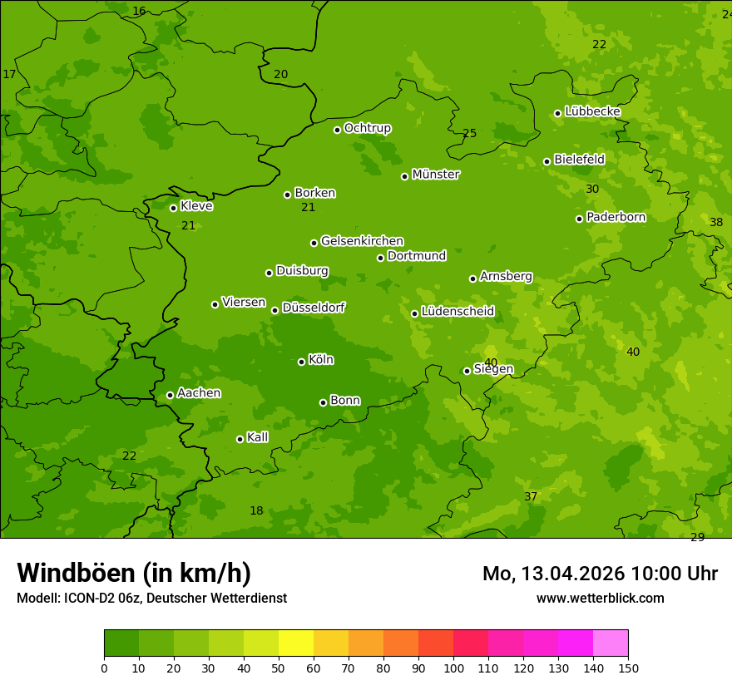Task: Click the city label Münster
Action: pyautogui.click(x=436, y=175)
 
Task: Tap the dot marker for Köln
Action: pyautogui.click(x=301, y=362)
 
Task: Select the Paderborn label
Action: pyautogui.click(x=616, y=217)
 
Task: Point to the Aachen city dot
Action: pyautogui.click(x=170, y=395)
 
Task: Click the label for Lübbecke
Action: pyautogui.click(x=592, y=111)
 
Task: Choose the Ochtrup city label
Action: pyautogui.click(x=367, y=128)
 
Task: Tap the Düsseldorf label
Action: pyautogui.click(x=314, y=308)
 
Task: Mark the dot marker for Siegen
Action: pyautogui.click(x=467, y=371)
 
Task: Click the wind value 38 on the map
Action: pyautogui.click(x=716, y=222)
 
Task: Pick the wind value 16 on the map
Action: pyautogui.click(x=139, y=11)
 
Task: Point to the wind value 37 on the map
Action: pyautogui.click(x=531, y=496)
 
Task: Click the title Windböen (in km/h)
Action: pyautogui.click(x=134, y=573)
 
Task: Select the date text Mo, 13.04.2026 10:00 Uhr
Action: pyautogui.click(x=600, y=574)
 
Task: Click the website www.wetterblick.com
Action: pyautogui.click(x=600, y=598)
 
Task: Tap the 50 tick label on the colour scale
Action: pyautogui.click(x=279, y=668)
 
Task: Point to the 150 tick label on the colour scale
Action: pyautogui.click(x=628, y=668)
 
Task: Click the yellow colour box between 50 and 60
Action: pyautogui.click(x=296, y=643)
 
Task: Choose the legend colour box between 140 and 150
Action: pyautogui.click(x=611, y=643)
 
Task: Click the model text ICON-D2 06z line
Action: pyautogui.click(x=151, y=598)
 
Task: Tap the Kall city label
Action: pyautogui.click(x=257, y=437)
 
